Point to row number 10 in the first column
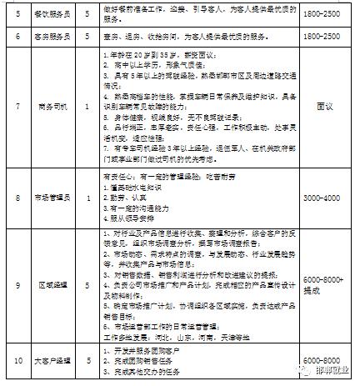pyautogui.click(x=17, y=362)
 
